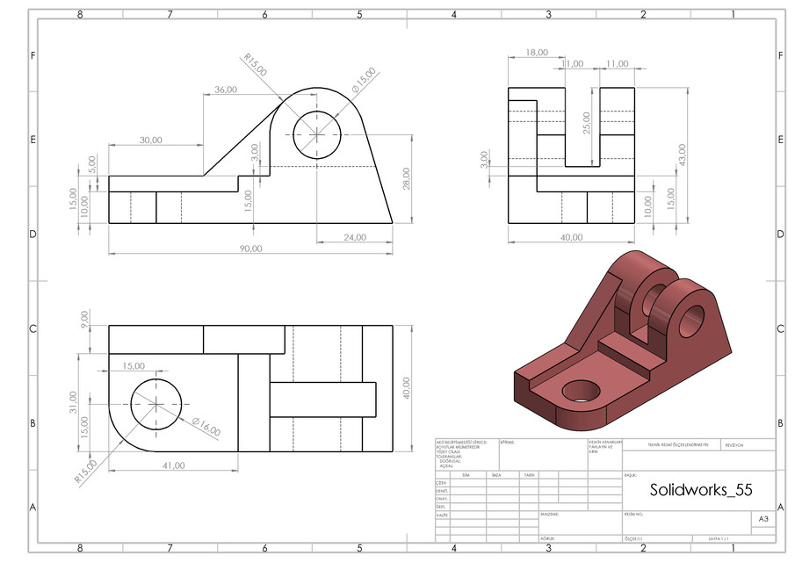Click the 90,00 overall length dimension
pos(250,249)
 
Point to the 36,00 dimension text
pos(225,90)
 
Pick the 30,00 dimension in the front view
pos(151,140)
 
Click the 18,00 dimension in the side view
pos(536,53)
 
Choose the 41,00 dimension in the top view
pos(173,465)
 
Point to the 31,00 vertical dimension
pos(73,402)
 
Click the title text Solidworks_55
pos(699,490)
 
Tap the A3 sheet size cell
pos(762,520)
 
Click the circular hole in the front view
pos(316,135)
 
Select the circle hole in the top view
pos(155,404)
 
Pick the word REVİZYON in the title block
pos(734,445)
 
